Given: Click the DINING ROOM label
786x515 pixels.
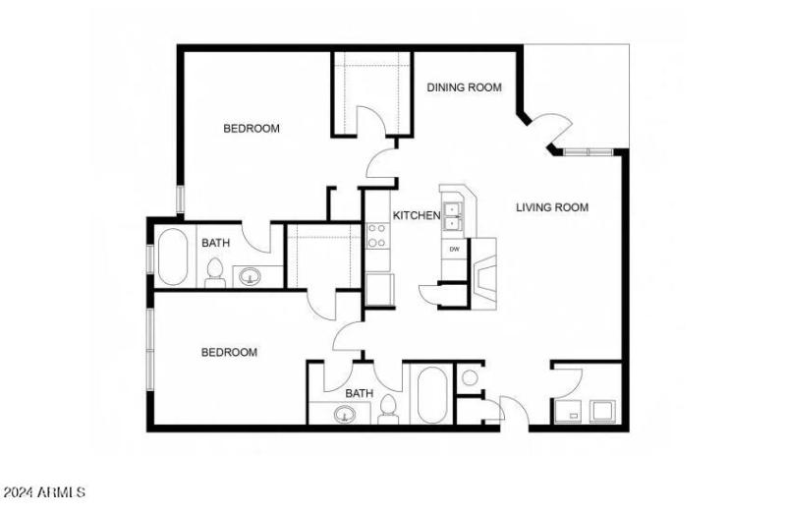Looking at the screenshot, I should coord(464,87).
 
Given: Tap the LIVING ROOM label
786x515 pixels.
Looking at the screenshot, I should coord(552,207).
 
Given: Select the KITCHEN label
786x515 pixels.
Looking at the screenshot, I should coord(417,215).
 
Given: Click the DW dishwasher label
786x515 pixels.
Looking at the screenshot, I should coord(454,249).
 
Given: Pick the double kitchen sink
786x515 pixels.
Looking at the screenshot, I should coord(453,216).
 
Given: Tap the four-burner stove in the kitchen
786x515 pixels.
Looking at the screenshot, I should coord(377,236).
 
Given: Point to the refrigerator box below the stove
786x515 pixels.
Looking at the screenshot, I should coord(380,289).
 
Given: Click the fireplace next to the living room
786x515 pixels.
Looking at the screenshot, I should coord(483,272).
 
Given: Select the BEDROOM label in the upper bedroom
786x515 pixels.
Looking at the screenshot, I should coord(252,128).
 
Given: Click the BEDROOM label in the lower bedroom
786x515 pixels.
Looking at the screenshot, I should coord(229,352).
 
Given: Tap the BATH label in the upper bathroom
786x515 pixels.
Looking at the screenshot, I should coord(216,243).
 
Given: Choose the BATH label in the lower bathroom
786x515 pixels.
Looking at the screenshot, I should coord(359,393).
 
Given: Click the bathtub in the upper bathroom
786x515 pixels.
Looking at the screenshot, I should coord(172,257).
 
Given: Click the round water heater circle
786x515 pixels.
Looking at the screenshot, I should coord(470,377).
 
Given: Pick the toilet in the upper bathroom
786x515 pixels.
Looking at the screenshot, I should coord(215,272).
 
